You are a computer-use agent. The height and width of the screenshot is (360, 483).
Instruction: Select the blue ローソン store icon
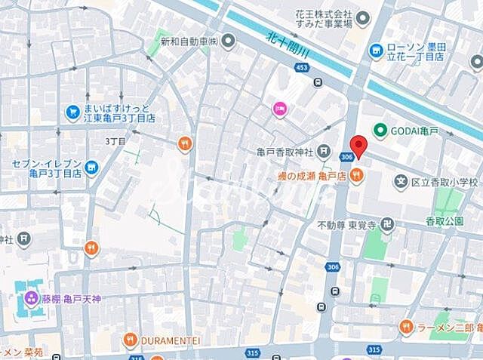pyautogui.click(x=376, y=50)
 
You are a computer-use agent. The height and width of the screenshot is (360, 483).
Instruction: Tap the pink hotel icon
pyautogui.click(x=279, y=109)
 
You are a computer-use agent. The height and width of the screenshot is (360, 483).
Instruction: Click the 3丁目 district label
pyautogui.click(x=115, y=141)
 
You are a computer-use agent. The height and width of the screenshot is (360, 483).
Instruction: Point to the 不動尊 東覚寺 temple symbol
pyautogui.click(x=387, y=224)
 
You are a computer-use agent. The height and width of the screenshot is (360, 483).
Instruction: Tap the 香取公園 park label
pyautogui.click(x=444, y=222)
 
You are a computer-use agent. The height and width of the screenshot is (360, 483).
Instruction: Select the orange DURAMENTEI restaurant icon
pyautogui.click(x=130, y=340)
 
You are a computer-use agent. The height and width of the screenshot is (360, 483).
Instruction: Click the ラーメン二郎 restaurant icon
pyautogui.click(x=406, y=327)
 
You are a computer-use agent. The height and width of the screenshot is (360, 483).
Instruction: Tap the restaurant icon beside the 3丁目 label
pyautogui.click(x=184, y=143)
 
